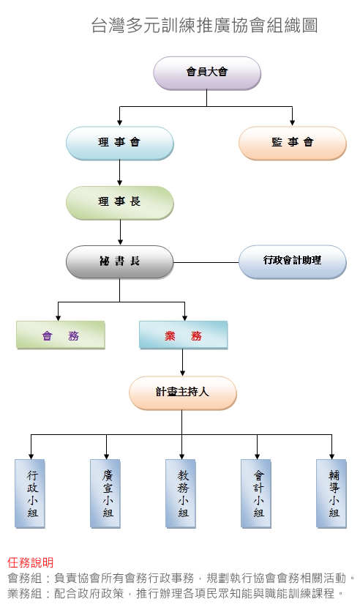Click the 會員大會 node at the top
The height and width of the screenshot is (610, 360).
207,73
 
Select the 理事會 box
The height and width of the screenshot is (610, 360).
120,144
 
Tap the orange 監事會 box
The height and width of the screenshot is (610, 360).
293,144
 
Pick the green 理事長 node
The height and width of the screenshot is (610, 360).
120,203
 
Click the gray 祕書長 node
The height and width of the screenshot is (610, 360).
120,262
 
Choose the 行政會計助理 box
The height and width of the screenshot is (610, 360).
293,262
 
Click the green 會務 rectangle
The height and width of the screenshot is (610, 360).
61,335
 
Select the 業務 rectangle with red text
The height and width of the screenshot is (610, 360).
184,335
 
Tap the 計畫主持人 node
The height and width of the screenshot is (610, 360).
183,393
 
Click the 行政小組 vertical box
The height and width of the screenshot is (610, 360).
30,494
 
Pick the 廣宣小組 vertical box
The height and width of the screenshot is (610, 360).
105,494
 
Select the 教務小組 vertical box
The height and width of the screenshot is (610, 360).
181,494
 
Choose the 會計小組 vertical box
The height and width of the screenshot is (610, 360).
256,494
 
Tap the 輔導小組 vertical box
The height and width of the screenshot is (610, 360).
331,494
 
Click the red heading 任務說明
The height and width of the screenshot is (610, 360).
30,562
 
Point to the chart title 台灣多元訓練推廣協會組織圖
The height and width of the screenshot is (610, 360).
204,26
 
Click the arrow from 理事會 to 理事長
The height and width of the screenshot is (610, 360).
120,173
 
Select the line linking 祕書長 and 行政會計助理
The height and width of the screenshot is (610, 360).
206,263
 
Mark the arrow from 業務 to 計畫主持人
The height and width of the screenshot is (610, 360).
183,362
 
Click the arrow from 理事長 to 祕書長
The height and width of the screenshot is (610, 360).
120,232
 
